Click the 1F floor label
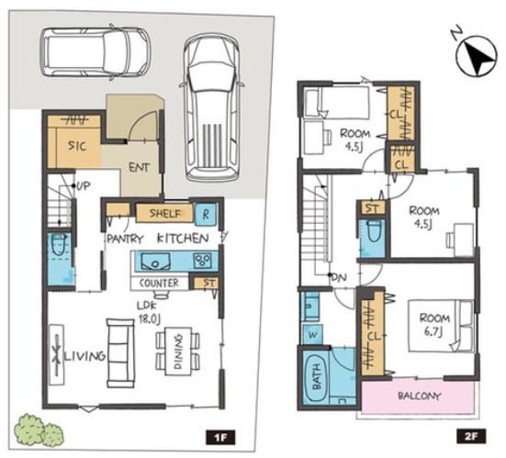point(220,438)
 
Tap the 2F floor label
point(471,437)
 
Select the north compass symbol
point(476,56)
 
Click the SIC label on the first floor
point(77,146)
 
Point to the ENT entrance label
point(139,167)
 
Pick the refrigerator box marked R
point(206,215)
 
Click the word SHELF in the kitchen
point(165,213)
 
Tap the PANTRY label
point(125,239)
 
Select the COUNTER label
point(159,284)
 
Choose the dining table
point(178,352)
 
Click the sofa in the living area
point(120,352)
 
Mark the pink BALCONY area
point(418,397)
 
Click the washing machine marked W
point(311,334)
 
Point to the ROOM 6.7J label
point(434,325)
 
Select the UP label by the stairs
point(84,186)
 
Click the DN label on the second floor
point(339,277)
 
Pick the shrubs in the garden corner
point(39,430)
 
